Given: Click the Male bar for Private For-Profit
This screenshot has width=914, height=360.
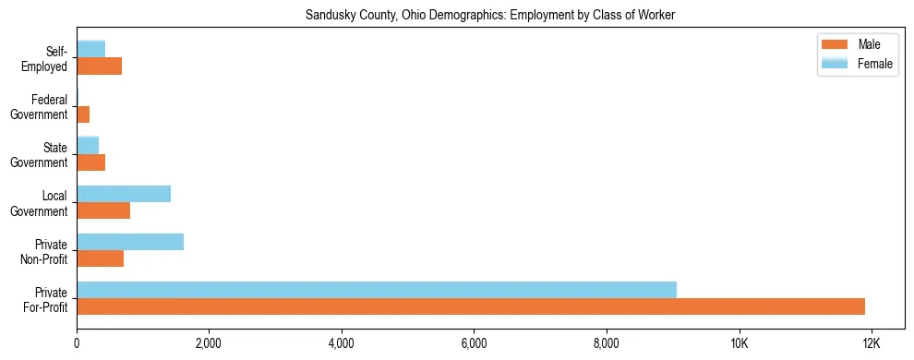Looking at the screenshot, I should (x=471, y=306).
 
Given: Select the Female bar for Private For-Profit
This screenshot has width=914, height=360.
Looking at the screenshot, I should (x=377, y=290).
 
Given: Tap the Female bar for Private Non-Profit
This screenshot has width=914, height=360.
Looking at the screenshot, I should (x=130, y=242).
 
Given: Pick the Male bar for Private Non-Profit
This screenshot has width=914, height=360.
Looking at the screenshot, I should (x=100, y=258).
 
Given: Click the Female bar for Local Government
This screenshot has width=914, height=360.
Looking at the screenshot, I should (x=124, y=194).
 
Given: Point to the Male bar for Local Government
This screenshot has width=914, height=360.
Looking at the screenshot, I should (x=103, y=210).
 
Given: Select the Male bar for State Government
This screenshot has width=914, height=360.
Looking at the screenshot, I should (x=90, y=162).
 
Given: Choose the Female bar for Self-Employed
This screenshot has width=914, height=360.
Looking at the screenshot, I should (x=90, y=49).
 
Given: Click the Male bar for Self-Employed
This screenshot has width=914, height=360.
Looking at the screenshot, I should (x=99, y=66).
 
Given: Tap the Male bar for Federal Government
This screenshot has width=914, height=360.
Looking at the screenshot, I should (x=83, y=114).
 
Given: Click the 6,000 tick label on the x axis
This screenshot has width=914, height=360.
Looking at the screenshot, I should (x=474, y=343).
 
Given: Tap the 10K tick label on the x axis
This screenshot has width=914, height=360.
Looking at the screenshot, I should (x=739, y=343).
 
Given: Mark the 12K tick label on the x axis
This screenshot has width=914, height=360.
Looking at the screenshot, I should (x=872, y=343).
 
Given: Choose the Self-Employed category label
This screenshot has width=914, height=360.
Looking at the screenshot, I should (x=46, y=59).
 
